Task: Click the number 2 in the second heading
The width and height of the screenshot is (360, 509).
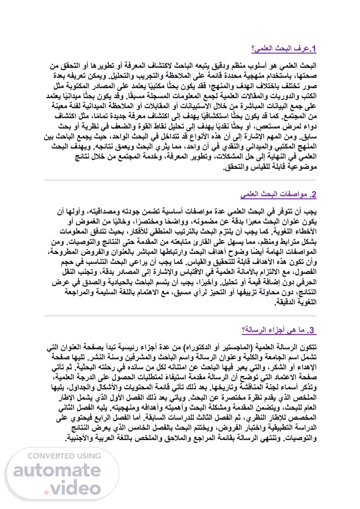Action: (313, 195)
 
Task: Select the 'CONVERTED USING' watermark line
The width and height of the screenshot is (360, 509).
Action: (64, 456)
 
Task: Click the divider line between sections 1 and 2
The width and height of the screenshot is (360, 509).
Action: (180, 180)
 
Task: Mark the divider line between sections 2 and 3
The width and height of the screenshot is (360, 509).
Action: (180, 316)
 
